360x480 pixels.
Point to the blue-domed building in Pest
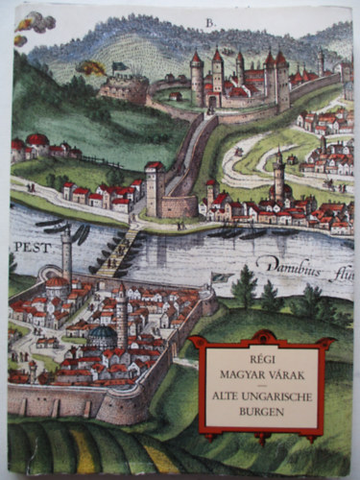(x=103, y=335)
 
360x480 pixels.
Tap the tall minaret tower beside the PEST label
(x=66, y=252)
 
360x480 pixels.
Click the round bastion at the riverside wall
(x=180, y=204)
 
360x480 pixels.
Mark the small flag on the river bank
(x=222, y=276)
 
